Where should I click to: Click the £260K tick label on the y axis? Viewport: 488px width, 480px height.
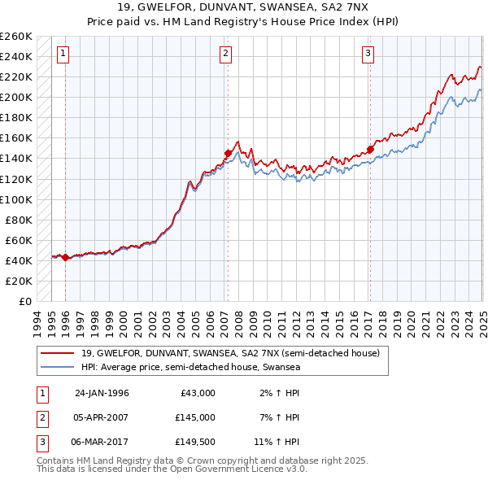(x=15, y=37)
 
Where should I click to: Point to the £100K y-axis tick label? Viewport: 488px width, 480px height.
(x=15, y=199)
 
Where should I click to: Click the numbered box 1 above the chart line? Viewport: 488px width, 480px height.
(x=63, y=55)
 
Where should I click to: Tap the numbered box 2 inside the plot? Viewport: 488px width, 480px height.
(x=225, y=55)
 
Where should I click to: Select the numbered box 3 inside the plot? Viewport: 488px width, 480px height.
(x=368, y=55)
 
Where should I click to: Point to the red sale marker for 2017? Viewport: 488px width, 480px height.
(x=369, y=149)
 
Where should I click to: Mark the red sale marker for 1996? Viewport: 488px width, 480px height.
(x=66, y=257)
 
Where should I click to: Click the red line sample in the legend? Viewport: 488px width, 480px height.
(x=58, y=354)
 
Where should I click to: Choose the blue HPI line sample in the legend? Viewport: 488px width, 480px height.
(x=58, y=368)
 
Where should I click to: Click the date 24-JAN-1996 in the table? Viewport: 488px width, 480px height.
(x=102, y=393)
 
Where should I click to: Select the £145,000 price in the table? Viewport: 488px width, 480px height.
(x=195, y=417)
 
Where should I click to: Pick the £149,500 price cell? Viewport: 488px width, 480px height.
(x=195, y=442)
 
